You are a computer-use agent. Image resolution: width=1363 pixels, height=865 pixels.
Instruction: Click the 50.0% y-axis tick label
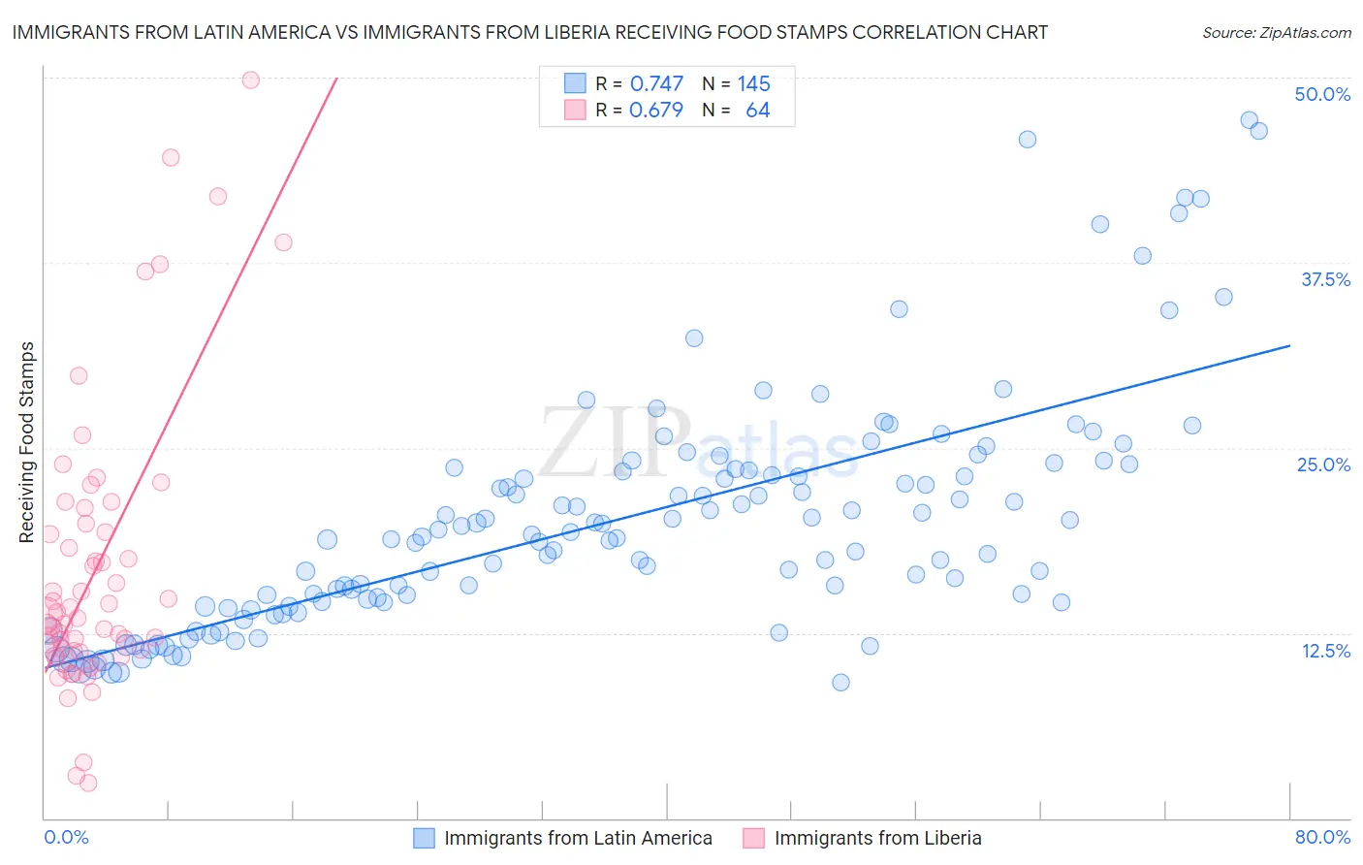pyautogui.click(x=1322, y=94)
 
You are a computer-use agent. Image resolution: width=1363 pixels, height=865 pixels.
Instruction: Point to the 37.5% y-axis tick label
pyautogui.click(x=1325, y=279)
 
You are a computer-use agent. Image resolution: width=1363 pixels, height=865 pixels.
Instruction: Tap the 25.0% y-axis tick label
pyautogui.click(x=1323, y=465)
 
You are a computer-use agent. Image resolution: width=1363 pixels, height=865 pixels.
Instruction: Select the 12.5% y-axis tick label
pyautogui.click(x=1325, y=651)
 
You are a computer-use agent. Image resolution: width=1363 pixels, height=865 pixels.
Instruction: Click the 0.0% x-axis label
pyautogui.click(x=66, y=837)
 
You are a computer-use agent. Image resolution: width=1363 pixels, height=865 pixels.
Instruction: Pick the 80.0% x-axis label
pyautogui.click(x=1322, y=837)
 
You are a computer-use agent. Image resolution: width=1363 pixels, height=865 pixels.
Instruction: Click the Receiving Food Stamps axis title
pyautogui.click(x=27, y=442)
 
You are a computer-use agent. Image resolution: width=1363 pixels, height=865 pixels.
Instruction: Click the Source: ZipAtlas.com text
pyautogui.click(x=1276, y=32)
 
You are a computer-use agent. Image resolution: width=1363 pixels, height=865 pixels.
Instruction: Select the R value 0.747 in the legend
pyautogui.click(x=656, y=84)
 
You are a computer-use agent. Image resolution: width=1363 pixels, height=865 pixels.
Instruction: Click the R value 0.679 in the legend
pyautogui.click(x=656, y=111)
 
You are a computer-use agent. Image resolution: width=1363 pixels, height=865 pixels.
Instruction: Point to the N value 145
pyautogui.click(x=753, y=84)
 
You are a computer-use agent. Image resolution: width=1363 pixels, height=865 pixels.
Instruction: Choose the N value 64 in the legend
pyautogui.click(x=757, y=111)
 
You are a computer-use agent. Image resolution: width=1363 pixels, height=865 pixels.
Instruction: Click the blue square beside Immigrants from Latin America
pyautogui.click(x=424, y=838)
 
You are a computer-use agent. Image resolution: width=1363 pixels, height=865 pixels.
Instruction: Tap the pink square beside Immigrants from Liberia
pyautogui.click(x=753, y=838)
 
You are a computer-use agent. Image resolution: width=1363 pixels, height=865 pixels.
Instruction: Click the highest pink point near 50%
pyautogui.click(x=250, y=80)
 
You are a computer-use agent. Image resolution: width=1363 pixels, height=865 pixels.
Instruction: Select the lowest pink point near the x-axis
pyautogui.click(x=88, y=783)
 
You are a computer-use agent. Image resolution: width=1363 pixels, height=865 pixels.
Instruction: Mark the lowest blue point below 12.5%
pyautogui.click(x=840, y=682)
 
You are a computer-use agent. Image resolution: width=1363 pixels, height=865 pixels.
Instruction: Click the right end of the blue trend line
pyautogui.click(x=1289, y=345)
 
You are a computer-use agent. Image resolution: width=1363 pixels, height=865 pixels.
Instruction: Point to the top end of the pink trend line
pyautogui.click(x=336, y=78)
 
